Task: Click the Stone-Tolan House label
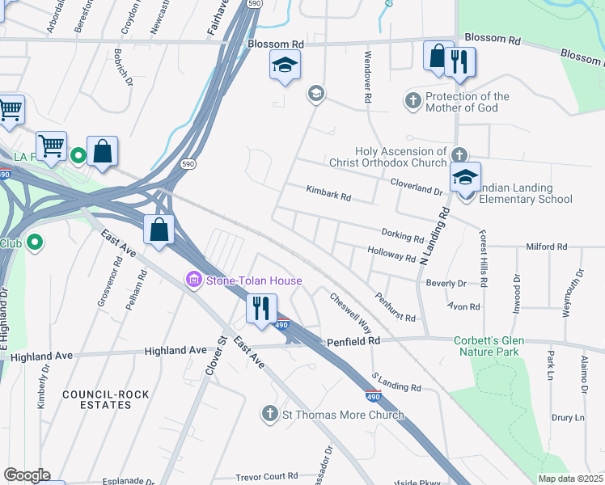point(253,280)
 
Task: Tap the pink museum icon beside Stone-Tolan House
point(194,280)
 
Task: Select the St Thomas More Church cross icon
point(271,415)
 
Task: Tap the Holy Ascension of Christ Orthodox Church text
point(400,157)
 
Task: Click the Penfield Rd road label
point(353,342)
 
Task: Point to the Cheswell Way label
point(350,314)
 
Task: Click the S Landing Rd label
point(396,382)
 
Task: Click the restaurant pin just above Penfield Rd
point(260,310)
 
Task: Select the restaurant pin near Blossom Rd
point(459,62)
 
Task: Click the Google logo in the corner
point(26,475)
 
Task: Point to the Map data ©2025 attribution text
point(570,479)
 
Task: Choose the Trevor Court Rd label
point(267,476)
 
